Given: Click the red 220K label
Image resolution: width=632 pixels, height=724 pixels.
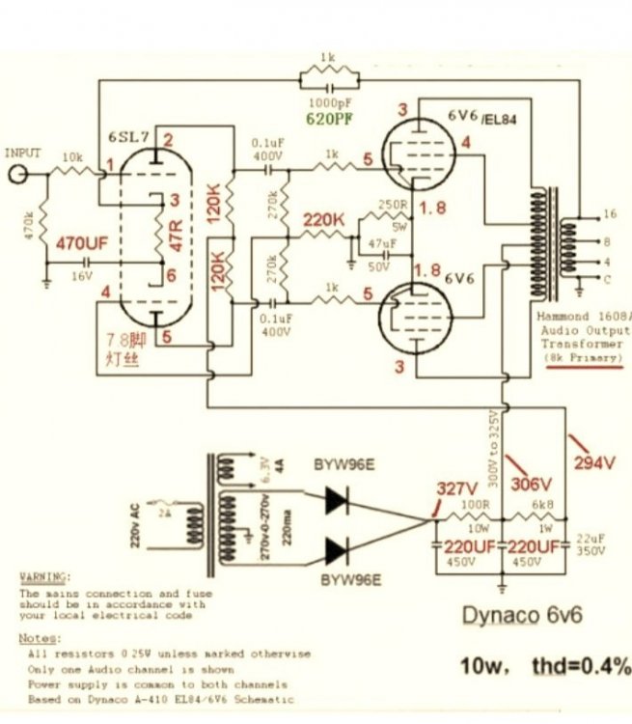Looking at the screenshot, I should click(x=324, y=221).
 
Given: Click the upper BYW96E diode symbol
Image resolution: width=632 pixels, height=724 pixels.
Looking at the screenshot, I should click(x=337, y=498).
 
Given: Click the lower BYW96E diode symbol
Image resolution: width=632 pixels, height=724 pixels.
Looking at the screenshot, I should click(x=337, y=551).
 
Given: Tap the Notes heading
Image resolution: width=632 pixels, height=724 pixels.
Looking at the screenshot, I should click(x=38, y=638).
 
